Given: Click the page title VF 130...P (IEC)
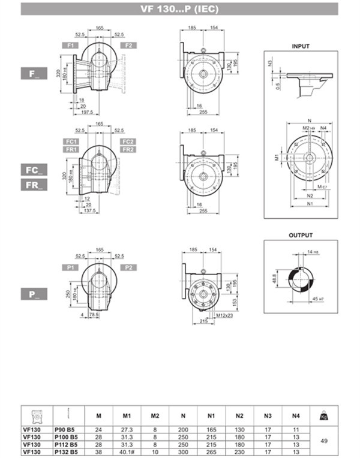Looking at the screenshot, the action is pos(179,8).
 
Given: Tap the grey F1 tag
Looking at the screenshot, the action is pos(71,46).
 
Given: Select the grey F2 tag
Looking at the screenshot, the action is pos(127,46).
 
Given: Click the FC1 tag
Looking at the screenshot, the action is pos(71,141).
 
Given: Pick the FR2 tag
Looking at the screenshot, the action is pos(127,149).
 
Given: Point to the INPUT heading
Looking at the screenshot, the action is pos(301,46).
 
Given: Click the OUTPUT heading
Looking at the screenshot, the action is pos(301,236).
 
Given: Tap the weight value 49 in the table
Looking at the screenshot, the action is pos(325,441).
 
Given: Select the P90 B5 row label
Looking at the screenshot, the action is pos(65,430).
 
